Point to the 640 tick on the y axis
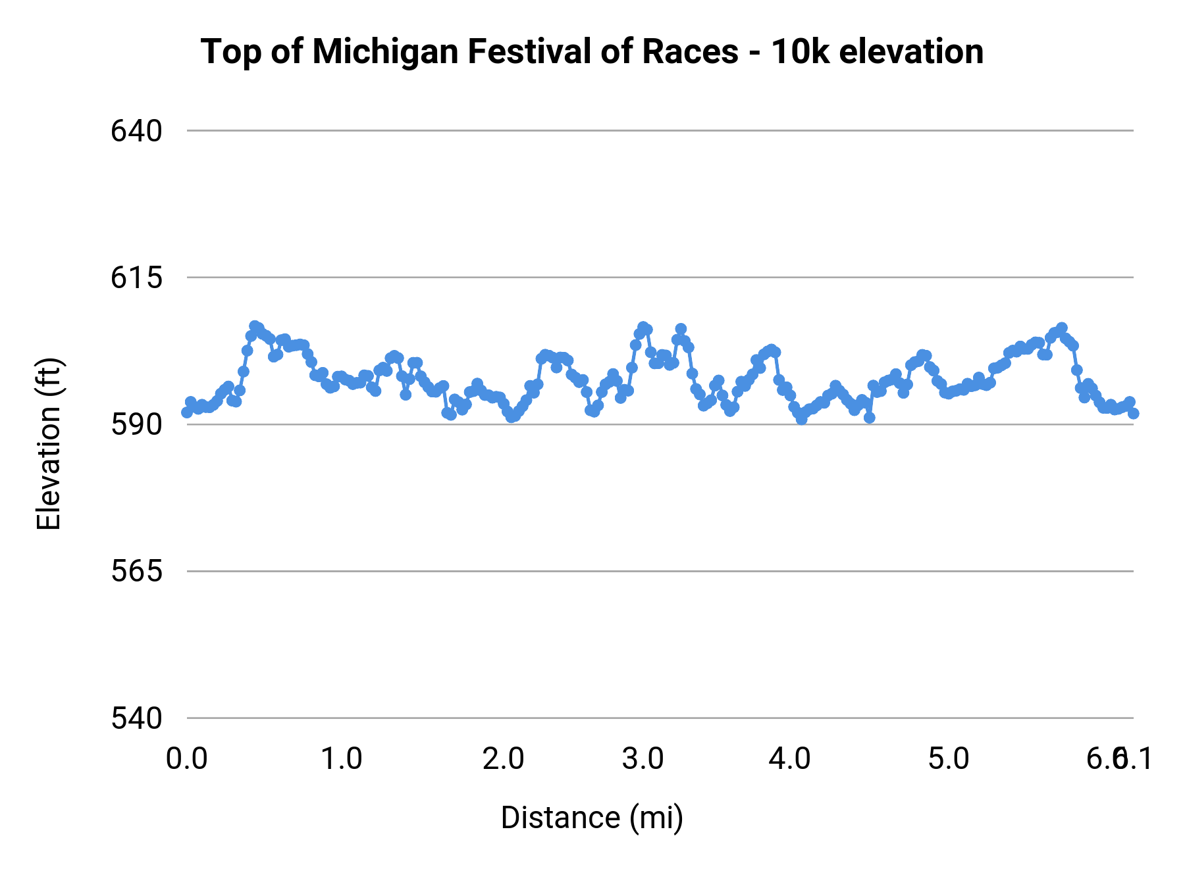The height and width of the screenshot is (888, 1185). point(136,132)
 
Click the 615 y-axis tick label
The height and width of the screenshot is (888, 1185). point(136,278)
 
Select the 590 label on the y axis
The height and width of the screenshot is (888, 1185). point(136,425)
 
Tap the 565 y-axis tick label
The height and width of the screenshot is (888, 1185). point(136,572)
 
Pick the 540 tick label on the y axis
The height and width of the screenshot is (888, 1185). point(136,718)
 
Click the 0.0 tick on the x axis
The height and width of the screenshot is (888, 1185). point(187,759)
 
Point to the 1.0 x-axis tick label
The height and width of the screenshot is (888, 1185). point(341,759)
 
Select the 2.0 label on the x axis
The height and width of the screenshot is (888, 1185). point(503,759)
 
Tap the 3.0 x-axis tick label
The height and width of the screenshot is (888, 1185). point(643,759)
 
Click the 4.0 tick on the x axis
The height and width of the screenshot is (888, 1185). point(790,759)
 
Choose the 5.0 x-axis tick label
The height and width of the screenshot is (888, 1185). point(949,759)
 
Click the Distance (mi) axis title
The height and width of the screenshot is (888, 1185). point(592,818)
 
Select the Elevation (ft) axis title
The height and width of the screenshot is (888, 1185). point(49,444)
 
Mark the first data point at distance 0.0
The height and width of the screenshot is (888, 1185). point(187,412)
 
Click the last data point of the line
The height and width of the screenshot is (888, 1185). point(1133,413)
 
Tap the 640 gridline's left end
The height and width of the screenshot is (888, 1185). point(189,131)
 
